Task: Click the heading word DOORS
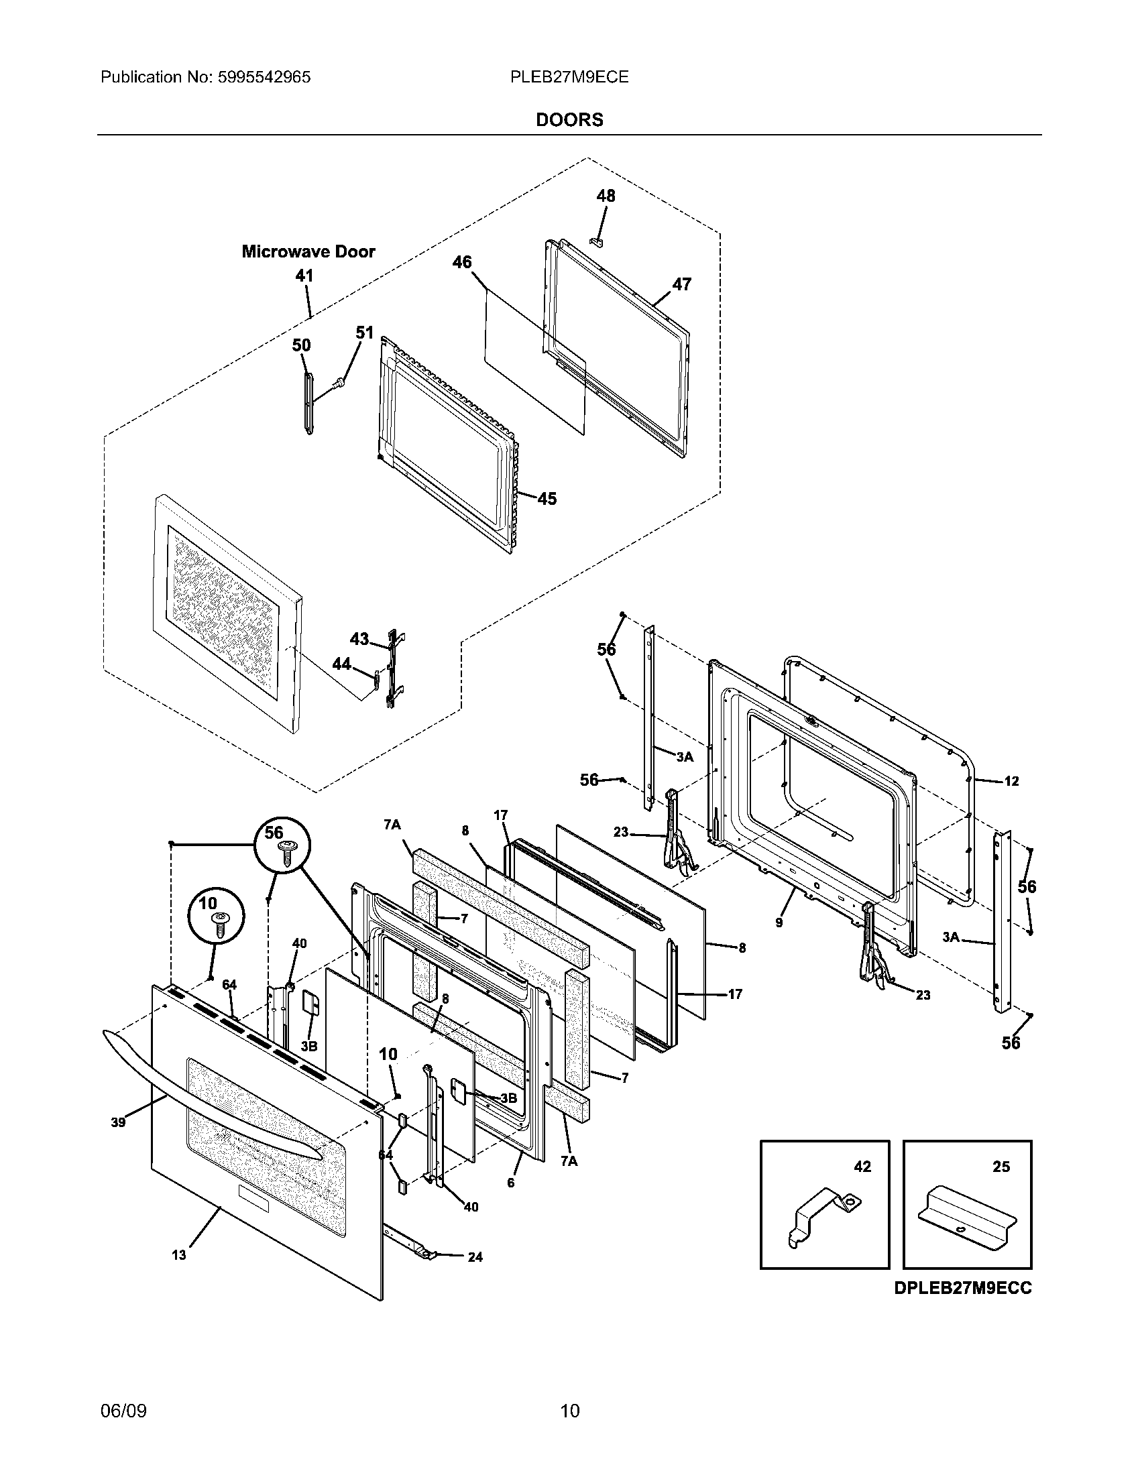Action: coord(569,119)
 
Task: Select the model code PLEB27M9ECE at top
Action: coord(569,77)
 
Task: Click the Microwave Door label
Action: coord(308,252)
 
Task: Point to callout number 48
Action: coord(605,196)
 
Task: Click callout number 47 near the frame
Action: coord(681,284)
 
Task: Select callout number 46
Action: coord(462,262)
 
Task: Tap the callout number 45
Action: coord(547,499)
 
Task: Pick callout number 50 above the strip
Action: coord(301,345)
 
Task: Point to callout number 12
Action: coord(1011,781)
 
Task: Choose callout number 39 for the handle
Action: coord(118,1123)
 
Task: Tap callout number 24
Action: coord(475,1257)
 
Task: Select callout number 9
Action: coord(779,922)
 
